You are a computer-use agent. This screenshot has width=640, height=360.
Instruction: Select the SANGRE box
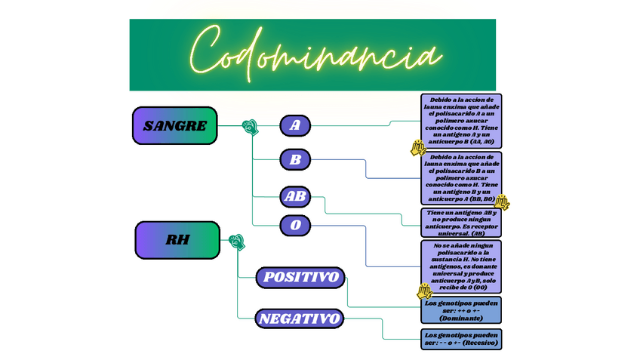pyautogui.click(x=174, y=125)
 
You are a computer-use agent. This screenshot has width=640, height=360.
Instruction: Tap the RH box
pyautogui.click(x=177, y=240)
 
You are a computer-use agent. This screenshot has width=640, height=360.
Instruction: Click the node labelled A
pyautogui.click(x=294, y=125)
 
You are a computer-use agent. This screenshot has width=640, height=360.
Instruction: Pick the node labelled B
pyautogui.click(x=294, y=160)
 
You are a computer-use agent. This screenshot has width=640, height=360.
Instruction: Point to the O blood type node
pyautogui.click(x=294, y=225)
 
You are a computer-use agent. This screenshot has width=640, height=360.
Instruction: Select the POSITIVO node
pyautogui.click(x=300, y=277)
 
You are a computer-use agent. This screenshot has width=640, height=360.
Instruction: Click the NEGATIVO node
pyautogui.click(x=300, y=318)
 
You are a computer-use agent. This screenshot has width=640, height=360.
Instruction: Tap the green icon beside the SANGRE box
pyautogui.click(x=249, y=127)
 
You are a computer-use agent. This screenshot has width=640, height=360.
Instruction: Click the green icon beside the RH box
pyautogui.click(x=236, y=242)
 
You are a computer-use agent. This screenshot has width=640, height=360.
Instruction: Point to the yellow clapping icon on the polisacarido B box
pyautogui.click(x=501, y=202)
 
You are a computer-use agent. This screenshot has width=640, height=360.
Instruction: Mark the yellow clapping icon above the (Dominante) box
pyautogui.click(x=425, y=291)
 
